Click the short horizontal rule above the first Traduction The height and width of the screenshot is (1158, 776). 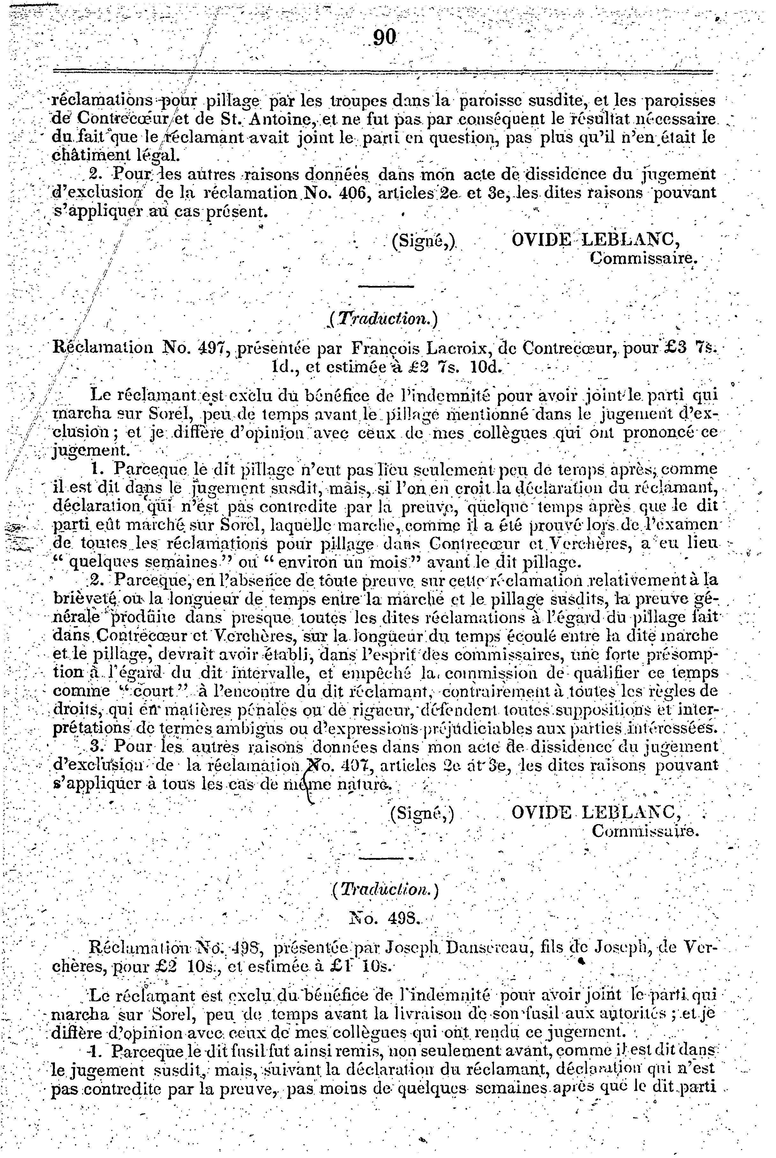[x=385, y=287]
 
